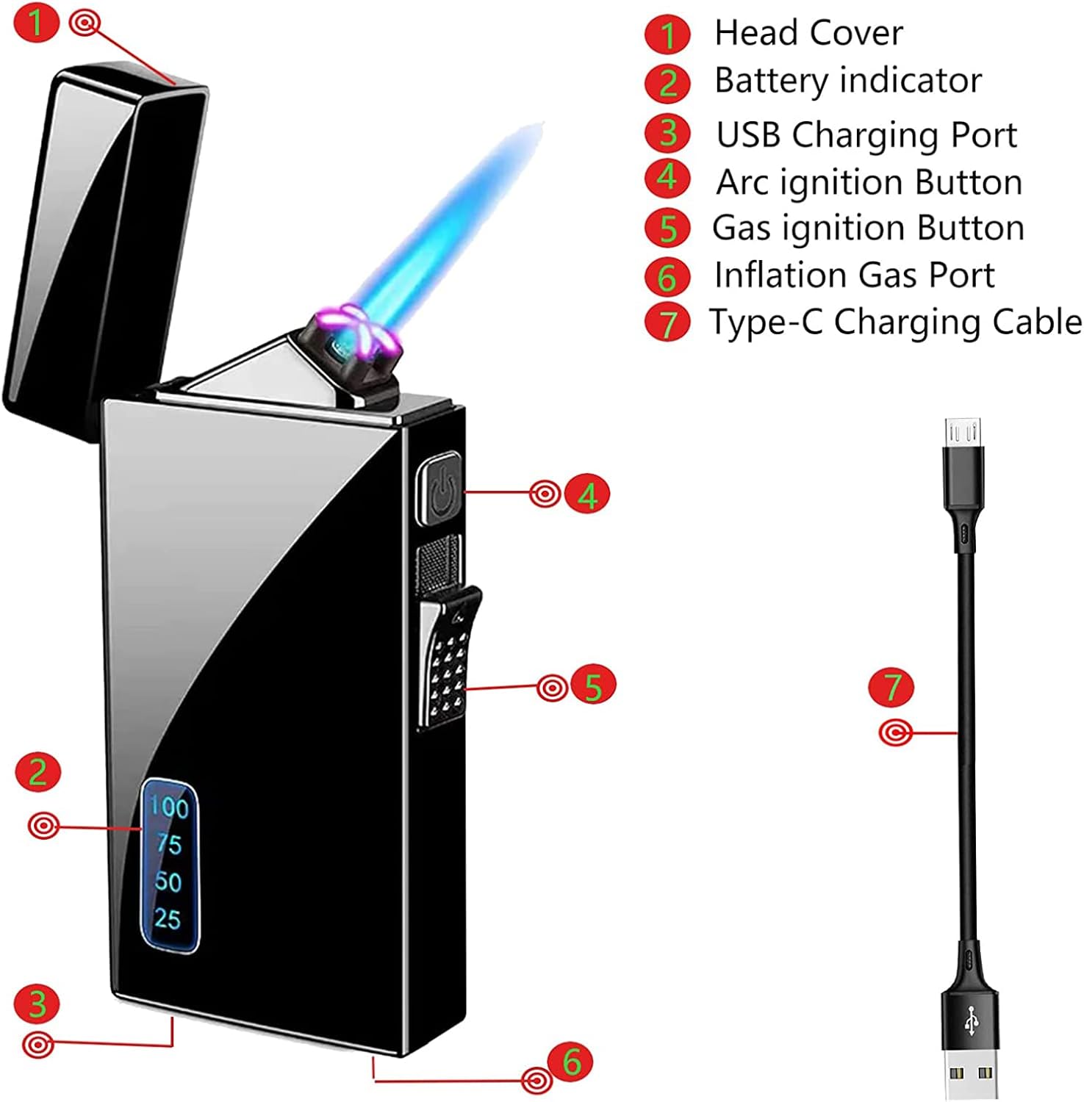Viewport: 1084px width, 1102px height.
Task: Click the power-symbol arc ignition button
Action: click(439, 488)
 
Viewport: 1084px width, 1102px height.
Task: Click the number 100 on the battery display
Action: click(169, 807)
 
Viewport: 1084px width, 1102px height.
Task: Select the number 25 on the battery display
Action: click(168, 918)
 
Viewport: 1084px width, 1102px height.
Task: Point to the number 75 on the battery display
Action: click(169, 844)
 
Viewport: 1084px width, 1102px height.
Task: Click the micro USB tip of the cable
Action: click(963, 432)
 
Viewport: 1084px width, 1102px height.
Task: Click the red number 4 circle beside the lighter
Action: click(587, 495)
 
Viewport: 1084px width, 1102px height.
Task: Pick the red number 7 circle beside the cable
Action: click(891, 687)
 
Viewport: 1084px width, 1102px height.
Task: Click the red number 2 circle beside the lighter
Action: click(37, 771)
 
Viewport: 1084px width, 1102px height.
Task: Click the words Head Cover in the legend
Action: click(808, 33)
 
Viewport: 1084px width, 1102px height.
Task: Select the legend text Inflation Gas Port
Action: click(854, 275)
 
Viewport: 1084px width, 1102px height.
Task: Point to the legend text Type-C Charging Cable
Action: click(895, 322)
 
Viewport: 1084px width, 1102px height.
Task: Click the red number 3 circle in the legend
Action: click(667, 134)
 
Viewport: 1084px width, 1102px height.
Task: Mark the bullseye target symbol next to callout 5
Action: click(552, 688)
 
